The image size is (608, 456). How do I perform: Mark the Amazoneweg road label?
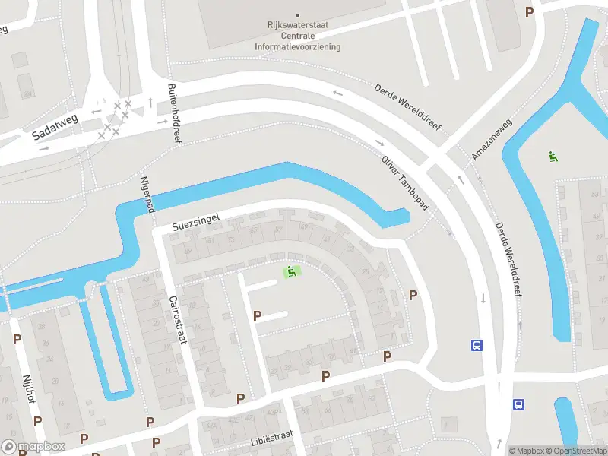pyautogui.click(x=492, y=140)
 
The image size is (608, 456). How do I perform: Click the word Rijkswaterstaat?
pyautogui.click(x=298, y=24)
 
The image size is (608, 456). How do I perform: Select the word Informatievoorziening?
pyautogui.click(x=298, y=46)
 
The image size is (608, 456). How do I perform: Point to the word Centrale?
pyautogui.click(x=298, y=36)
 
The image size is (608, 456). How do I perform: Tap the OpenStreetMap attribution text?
pyautogui.click(x=575, y=450)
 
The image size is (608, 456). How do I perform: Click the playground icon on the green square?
pyautogui.click(x=291, y=271)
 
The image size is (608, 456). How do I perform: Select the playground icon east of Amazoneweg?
pyautogui.click(x=553, y=157)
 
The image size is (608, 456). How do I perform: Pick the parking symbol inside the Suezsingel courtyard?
pyautogui.click(x=257, y=315)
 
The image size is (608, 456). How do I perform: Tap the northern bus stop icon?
pyautogui.click(x=477, y=345)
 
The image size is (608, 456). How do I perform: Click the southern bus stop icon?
pyautogui.click(x=518, y=404)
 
